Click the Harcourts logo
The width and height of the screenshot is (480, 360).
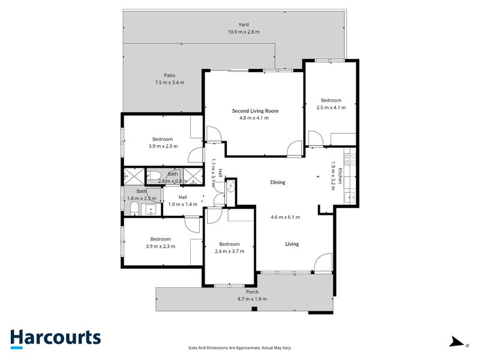[56, 339]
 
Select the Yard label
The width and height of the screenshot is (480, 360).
[244, 25]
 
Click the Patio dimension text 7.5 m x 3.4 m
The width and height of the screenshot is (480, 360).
[170, 82]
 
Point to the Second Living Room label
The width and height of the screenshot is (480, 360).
[255, 111]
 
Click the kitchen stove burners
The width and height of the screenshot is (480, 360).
[350, 158]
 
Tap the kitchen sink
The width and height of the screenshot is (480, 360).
[350, 197]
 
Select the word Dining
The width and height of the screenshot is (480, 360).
[278, 182]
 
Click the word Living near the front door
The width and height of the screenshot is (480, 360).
[292, 244]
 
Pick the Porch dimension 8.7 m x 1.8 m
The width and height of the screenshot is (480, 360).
[252, 299]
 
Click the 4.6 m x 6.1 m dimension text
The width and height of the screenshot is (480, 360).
[286, 217]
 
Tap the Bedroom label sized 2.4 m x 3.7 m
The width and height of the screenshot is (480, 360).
[229, 244]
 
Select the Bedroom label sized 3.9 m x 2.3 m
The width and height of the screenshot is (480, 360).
[160, 239]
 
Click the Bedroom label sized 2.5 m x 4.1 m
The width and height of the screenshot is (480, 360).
[331, 100]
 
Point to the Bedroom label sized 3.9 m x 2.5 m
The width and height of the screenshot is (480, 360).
[163, 139]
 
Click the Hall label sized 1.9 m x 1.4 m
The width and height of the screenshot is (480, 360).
[182, 197]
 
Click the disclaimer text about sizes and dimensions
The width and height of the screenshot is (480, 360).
[239, 348]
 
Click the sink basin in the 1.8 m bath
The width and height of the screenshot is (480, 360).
[151, 210]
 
